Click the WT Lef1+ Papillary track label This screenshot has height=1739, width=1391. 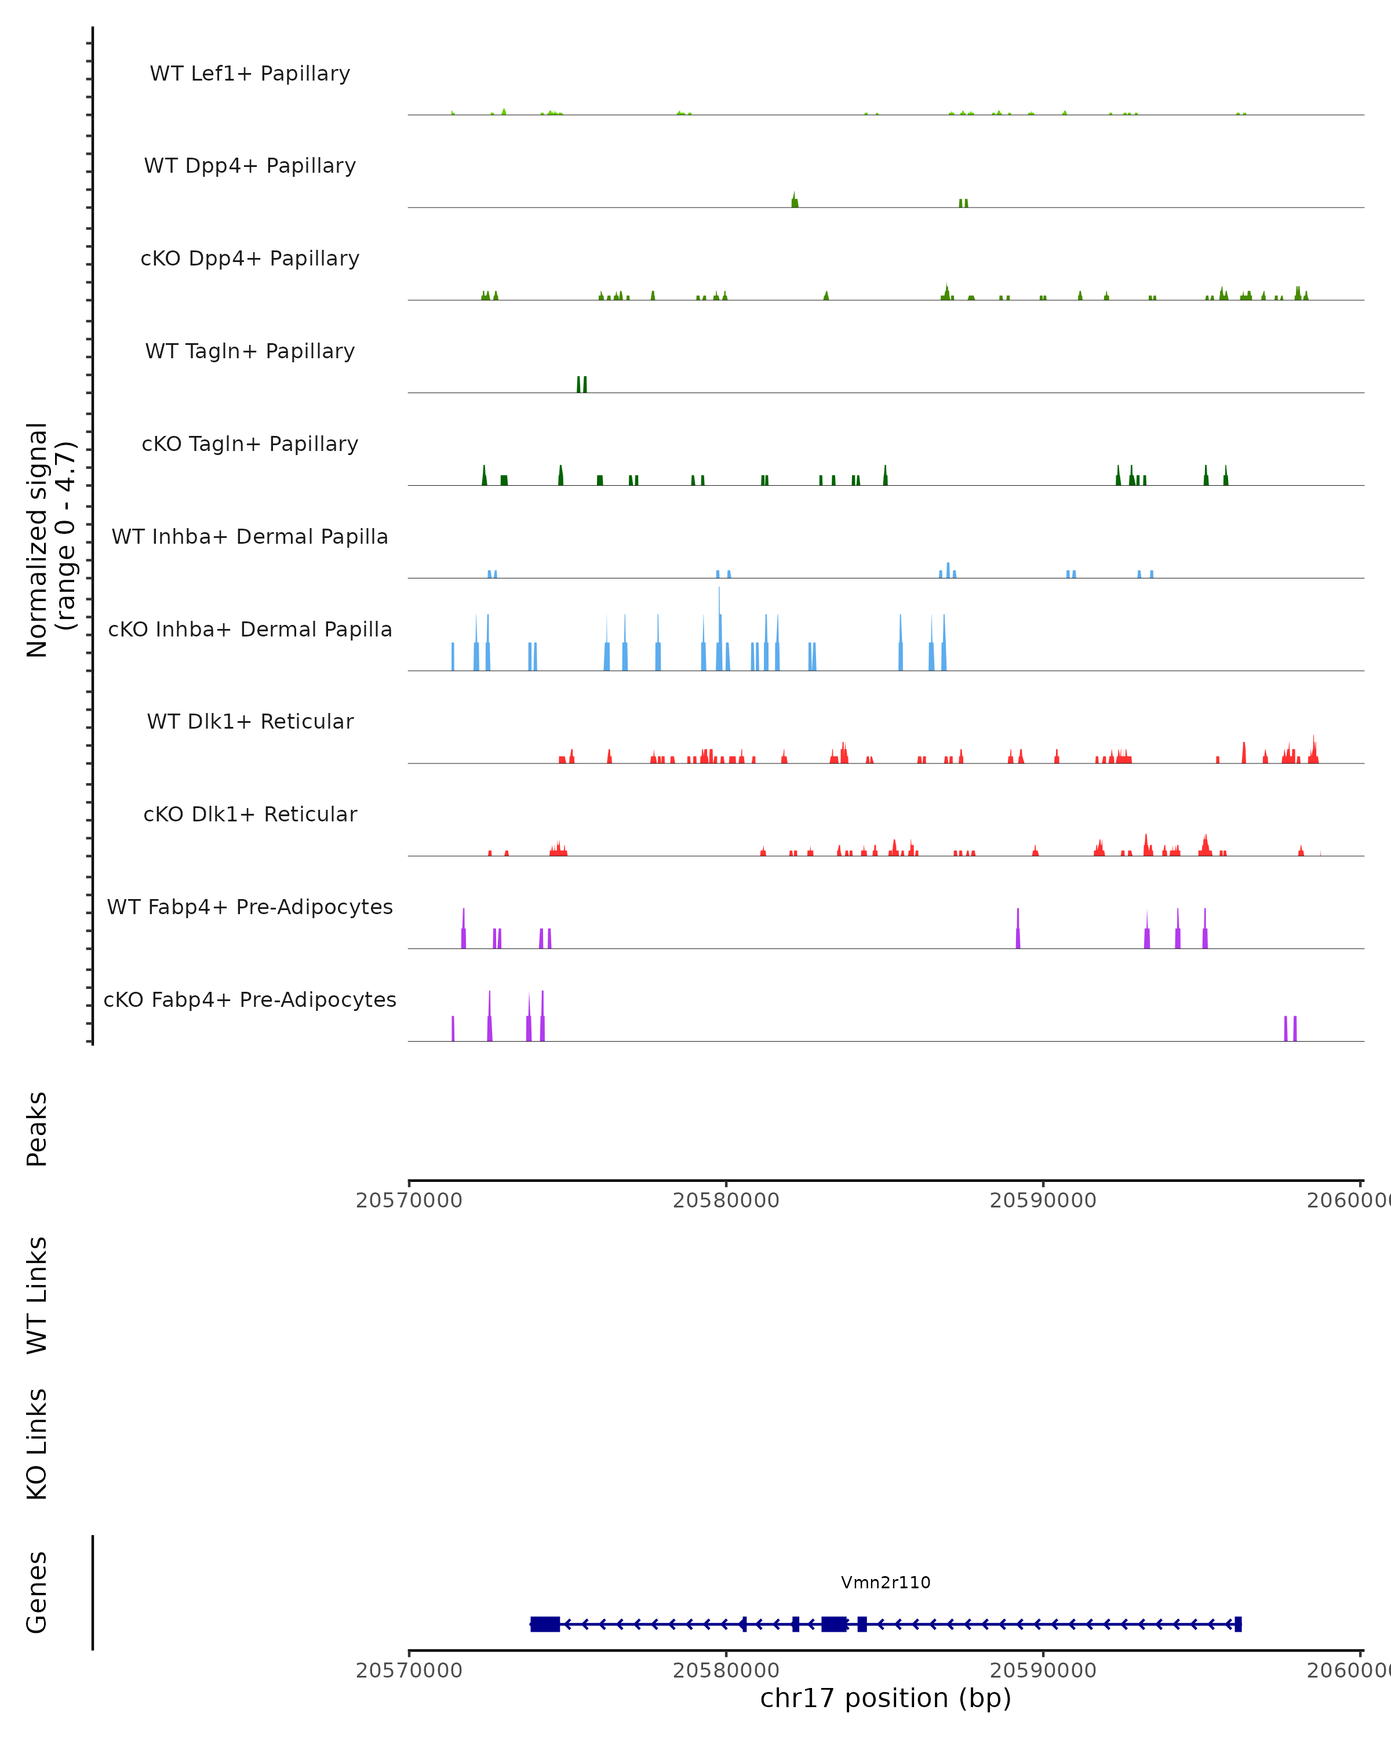click(x=250, y=74)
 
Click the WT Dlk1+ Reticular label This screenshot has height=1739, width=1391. click(x=250, y=721)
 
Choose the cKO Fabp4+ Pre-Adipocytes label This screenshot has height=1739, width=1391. click(x=250, y=999)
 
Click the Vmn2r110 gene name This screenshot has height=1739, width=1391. click(x=886, y=1582)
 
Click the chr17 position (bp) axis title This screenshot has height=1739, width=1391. click(x=886, y=1698)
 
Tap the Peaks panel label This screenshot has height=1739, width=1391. click(x=37, y=1129)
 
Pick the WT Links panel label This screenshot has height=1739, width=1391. click(x=37, y=1294)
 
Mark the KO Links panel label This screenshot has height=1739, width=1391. click(x=37, y=1444)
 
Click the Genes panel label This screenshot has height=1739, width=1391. click(x=37, y=1592)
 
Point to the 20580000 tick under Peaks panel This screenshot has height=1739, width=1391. click(x=726, y=1200)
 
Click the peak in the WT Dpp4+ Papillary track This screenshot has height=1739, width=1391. click(x=794, y=202)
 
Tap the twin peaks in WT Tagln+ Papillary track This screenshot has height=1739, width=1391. click(x=581, y=385)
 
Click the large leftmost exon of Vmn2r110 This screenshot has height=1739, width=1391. click(x=545, y=1624)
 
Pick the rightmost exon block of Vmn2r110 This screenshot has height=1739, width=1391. click(x=1238, y=1624)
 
